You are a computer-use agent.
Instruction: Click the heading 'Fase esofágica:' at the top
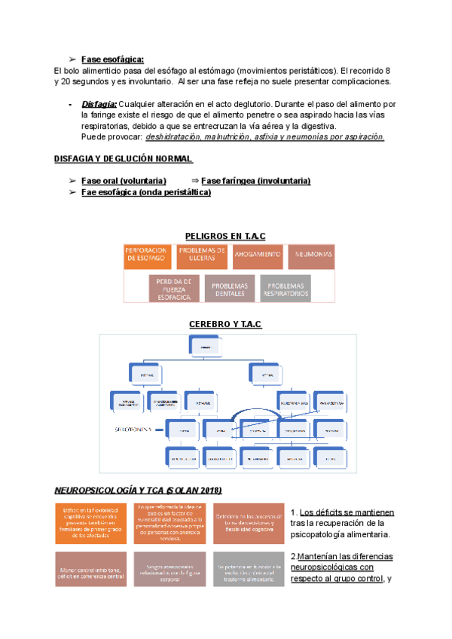point(112,60)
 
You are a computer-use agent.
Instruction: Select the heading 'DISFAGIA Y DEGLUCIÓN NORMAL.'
point(124,160)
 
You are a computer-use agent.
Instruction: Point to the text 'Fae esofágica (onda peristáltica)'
point(145,192)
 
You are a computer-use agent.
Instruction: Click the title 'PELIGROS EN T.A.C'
point(225,236)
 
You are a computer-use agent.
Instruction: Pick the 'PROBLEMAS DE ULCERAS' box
point(202,256)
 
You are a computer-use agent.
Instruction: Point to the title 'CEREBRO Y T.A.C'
point(225,324)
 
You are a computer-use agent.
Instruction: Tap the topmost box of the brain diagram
point(227,347)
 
